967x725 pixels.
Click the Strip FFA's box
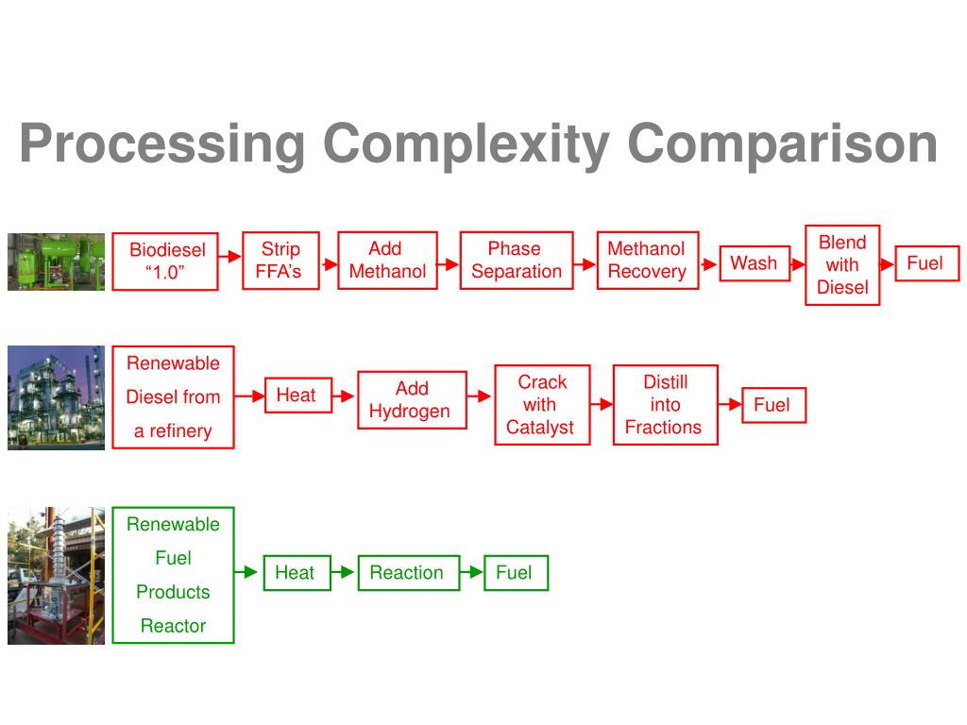tap(280, 261)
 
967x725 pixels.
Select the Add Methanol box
tap(387, 261)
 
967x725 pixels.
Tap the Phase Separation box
tap(516, 261)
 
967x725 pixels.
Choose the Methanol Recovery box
tap(647, 261)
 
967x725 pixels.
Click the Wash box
tap(754, 263)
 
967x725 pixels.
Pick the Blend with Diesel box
tap(842, 265)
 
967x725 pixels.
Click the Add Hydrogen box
tap(411, 400)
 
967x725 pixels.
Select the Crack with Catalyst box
tap(541, 404)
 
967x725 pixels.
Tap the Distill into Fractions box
tap(665, 404)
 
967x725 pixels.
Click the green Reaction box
tap(408, 573)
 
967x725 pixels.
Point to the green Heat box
tap(296, 573)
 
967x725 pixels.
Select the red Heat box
tap(297, 396)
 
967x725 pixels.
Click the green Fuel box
tap(515, 573)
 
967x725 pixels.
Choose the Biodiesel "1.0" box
tap(165, 261)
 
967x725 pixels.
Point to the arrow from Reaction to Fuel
tap(471, 572)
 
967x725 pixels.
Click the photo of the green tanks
tap(56, 261)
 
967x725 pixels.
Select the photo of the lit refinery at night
tap(56, 397)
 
